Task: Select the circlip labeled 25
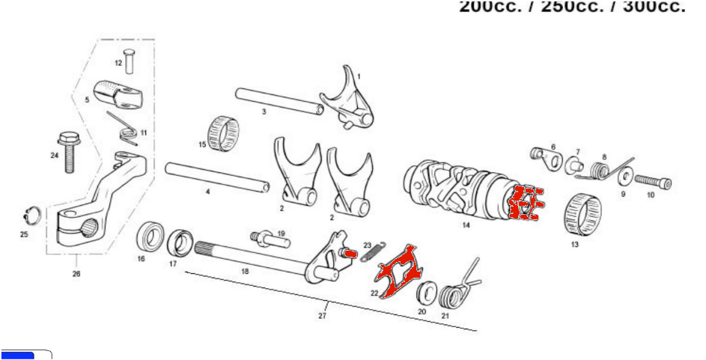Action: (29, 213)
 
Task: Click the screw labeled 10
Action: (654, 182)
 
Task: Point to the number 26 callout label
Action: (76, 274)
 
